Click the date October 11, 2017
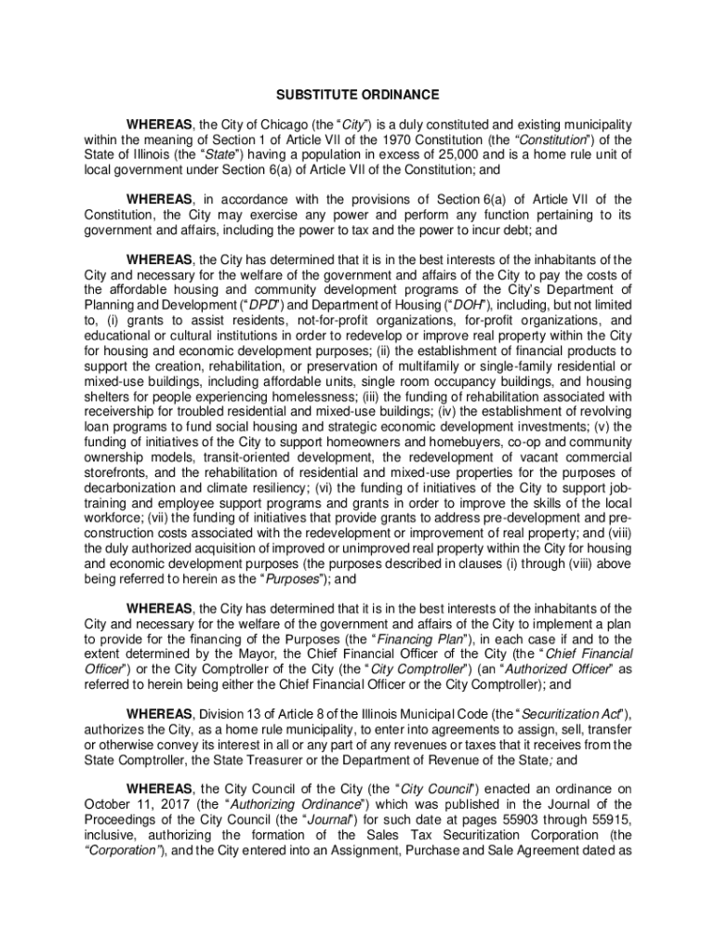[x=134, y=804]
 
